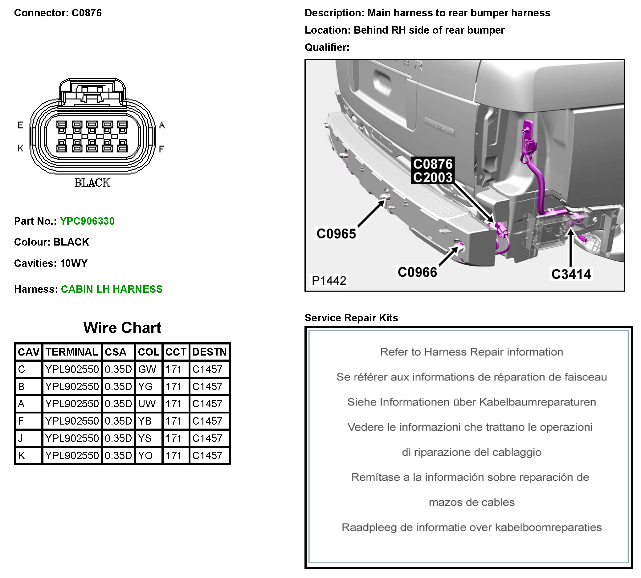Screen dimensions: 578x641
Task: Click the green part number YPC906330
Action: click(87, 221)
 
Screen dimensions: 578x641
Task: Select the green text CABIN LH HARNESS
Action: click(112, 289)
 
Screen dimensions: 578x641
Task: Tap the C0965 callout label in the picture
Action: click(336, 234)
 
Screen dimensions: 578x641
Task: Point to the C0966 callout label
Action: click(417, 272)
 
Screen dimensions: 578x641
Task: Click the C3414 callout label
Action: click(571, 274)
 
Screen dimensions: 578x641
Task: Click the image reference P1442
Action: click(329, 280)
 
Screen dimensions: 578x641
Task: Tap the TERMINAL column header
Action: click(72, 352)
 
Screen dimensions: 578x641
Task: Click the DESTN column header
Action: click(209, 352)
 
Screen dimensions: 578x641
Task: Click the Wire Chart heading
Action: click(122, 328)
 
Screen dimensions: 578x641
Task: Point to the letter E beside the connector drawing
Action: click(20, 125)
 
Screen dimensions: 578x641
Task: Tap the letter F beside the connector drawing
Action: click(161, 149)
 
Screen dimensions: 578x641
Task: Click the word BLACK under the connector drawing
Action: click(92, 183)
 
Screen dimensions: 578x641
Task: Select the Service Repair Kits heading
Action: click(351, 318)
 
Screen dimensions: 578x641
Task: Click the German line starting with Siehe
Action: click(472, 402)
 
